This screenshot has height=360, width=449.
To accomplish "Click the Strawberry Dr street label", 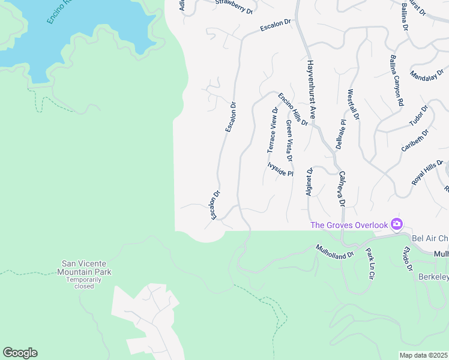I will [234, 5].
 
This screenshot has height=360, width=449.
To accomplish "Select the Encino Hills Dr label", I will [293, 109].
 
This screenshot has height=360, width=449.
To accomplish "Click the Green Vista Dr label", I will [289, 140].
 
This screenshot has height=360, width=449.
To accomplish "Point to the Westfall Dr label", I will [354, 105].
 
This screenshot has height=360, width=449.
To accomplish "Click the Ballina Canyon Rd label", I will [396, 81].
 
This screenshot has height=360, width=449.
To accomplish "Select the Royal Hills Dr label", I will [427, 172].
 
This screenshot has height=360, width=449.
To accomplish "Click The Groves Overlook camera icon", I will [396, 224].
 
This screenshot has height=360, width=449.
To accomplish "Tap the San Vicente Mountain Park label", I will [87, 268].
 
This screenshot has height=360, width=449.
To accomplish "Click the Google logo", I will [20, 353].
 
